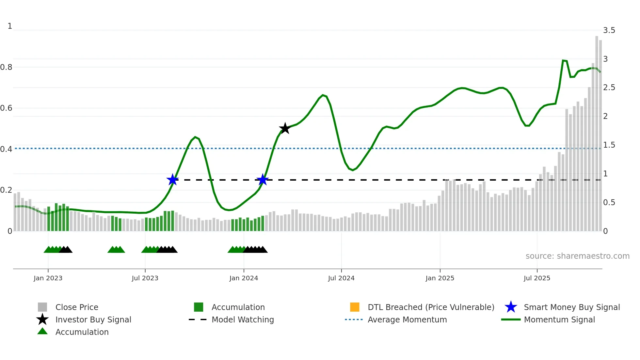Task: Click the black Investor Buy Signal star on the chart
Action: coord(285,128)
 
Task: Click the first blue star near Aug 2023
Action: coord(172,180)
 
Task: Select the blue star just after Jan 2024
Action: coord(263,180)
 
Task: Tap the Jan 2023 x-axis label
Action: coord(48,278)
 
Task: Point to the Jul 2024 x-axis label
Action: coord(341,278)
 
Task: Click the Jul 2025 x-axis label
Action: coord(537,278)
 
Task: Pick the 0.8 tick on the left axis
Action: coord(6,67)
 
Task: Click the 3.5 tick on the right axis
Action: coord(609,30)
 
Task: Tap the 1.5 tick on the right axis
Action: coord(609,145)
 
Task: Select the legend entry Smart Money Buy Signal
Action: coord(571,307)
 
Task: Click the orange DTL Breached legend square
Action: coord(355,307)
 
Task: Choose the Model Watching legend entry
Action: coord(242,320)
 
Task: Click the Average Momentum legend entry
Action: coord(407,320)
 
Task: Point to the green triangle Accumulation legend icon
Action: coord(42,331)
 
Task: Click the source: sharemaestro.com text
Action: coord(577,256)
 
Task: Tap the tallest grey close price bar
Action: coord(597,131)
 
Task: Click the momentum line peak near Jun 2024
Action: coord(323,95)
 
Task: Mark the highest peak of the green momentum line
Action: coord(563,60)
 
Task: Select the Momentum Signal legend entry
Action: coord(559,320)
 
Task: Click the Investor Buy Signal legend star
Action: coord(42,319)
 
